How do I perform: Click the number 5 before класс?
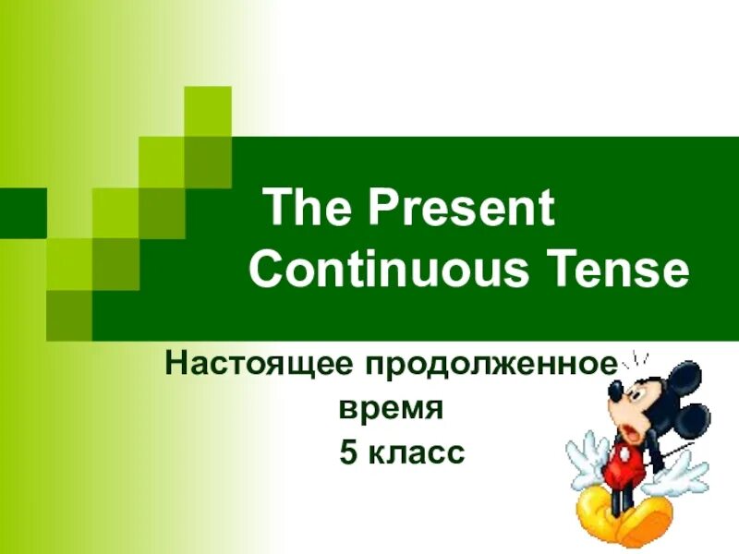348,452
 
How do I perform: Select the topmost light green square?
208,109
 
